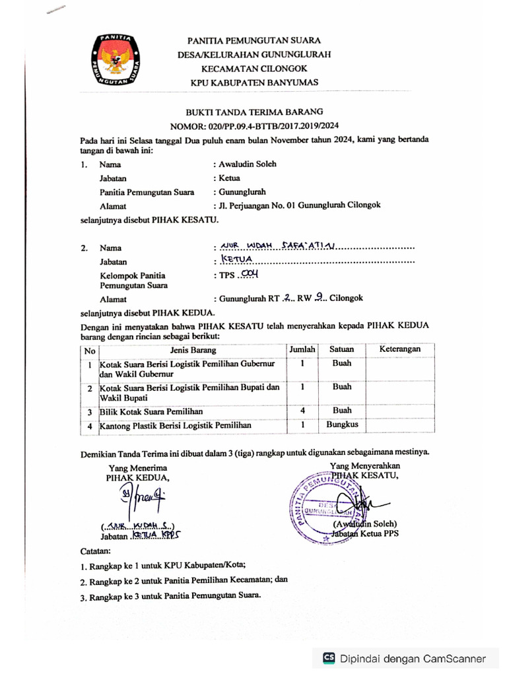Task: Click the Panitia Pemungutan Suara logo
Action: pyautogui.click(x=115, y=59)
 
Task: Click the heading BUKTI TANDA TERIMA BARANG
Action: pyautogui.click(x=254, y=112)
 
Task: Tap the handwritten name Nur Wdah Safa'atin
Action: pyautogui.click(x=278, y=247)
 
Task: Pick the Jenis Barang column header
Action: pyautogui.click(x=192, y=349)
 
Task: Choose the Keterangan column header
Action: pyautogui.click(x=400, y=349)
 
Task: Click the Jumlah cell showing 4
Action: pyautogui.click(x=302, y=411)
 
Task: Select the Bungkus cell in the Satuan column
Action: pyautogui.click(x=342, y=424)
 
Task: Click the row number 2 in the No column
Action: pyautogui.click(x=90, y=389)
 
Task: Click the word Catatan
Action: pyautogui.click(x=96, y=551)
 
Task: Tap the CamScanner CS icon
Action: pyautogui.click(x=328, y=658)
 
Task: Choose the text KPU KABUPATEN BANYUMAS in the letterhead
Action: pyautogui.click(x=254, y=83)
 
